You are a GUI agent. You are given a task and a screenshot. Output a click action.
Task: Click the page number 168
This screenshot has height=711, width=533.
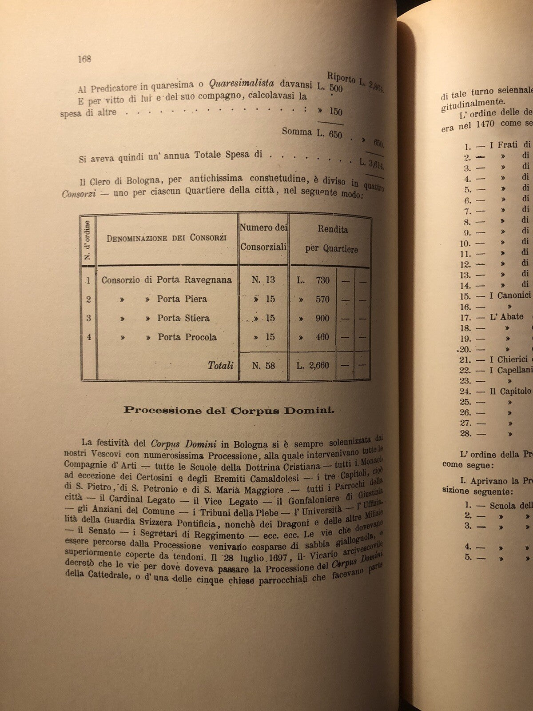click(x=84, y=59)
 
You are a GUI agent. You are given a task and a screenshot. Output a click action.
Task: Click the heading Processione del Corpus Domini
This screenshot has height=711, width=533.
click(x=229, y=410)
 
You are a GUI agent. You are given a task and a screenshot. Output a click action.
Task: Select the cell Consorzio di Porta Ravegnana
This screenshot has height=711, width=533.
click(x=167, y=280)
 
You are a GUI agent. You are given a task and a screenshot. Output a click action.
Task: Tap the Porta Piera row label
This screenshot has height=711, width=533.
click(x=182, y=299)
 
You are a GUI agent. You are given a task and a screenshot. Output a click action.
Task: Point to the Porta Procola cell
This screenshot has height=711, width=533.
click(x=187, y=337)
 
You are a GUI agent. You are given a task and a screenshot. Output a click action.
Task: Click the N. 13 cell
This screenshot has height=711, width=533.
click(x=263, y=280)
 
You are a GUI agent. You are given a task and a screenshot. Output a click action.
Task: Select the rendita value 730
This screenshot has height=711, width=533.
click(x=322, y=280)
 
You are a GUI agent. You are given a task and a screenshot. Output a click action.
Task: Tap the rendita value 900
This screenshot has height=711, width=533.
click(x=322, y=318)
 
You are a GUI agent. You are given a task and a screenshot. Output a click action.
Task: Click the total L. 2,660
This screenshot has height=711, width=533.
click(x=313, y=366)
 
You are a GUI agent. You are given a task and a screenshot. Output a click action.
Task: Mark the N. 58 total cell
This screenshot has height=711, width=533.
click(x=263, y=366)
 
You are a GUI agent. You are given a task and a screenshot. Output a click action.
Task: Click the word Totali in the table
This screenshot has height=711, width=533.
click(x=220, y=366)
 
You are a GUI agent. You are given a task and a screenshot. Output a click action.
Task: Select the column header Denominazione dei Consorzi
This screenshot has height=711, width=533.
click(x=167, y=238)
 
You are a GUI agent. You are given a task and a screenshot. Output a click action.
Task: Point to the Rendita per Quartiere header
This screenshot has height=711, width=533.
click(x=332, y=239)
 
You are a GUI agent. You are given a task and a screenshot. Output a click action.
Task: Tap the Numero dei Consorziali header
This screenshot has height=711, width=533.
click(x=263, y=237)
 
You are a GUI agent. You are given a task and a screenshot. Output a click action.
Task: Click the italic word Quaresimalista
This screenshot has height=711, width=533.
click(x=242, y=83)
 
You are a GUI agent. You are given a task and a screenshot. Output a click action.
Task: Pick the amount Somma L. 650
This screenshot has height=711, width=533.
click(x=312, y=133)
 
